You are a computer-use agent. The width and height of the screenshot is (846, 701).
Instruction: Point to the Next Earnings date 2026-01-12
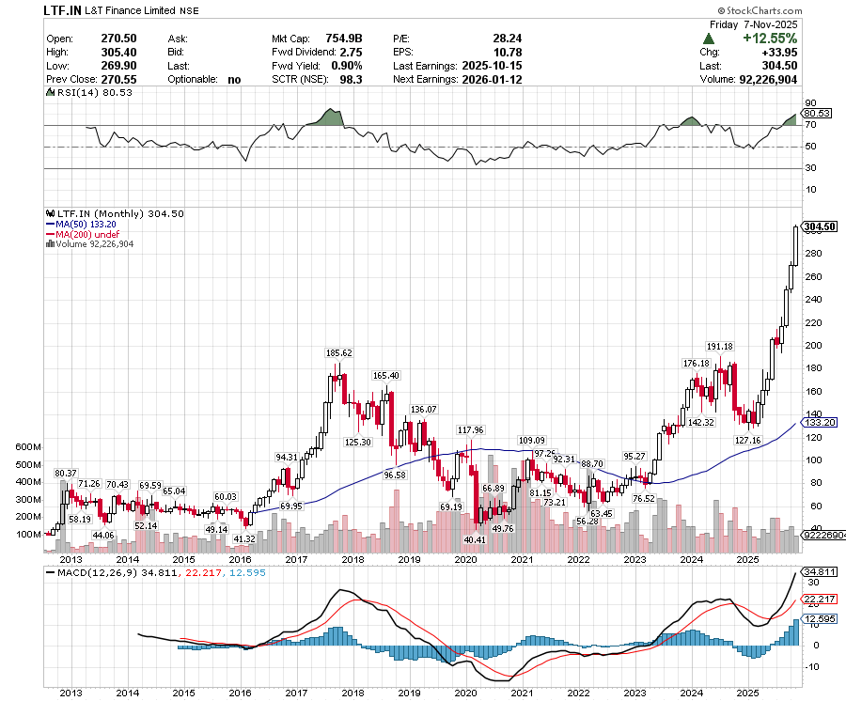[x=492, y=80]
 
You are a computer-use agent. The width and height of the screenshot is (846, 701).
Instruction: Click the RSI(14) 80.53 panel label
[x=98, y=93]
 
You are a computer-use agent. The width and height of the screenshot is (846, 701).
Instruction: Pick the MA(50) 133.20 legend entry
[x=85, y=224]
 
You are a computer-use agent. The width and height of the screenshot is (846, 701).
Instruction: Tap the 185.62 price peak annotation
[x=338, y=353]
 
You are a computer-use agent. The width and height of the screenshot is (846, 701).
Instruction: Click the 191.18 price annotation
[x=720, y=347]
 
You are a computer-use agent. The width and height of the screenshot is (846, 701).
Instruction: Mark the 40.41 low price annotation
[x=475, y=540]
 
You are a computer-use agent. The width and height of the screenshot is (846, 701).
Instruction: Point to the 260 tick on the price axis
[x=809, y=276]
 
